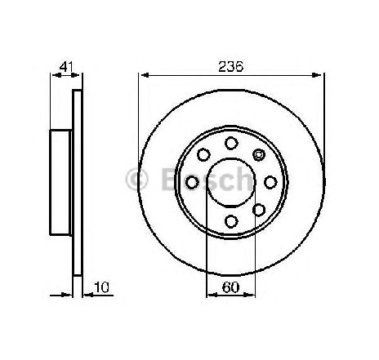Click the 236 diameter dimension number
230,67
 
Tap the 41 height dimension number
66,67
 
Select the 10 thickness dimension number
101,287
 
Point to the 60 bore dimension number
230,287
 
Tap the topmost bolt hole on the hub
231,143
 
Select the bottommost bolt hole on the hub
231,221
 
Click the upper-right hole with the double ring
259,155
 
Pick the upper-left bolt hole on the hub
203,155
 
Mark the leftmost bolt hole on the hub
192,182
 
